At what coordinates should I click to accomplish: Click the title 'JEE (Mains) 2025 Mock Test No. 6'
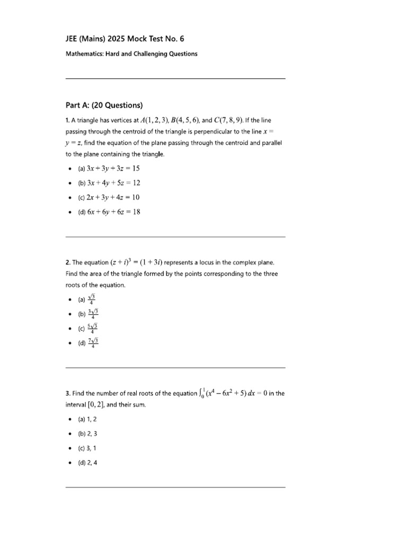click(x=125, y=39)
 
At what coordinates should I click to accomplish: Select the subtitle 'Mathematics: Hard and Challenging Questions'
click(x=131, y=54)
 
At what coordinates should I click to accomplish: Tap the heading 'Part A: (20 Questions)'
click(x=104, y=105)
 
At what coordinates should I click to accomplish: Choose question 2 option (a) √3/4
click(x=86, y=300)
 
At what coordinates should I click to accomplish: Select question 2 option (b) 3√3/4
click(x=88, y=314)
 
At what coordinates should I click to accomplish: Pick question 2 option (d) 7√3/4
click(x=88, y=343)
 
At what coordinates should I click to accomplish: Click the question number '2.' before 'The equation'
click(x=68, y=262)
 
